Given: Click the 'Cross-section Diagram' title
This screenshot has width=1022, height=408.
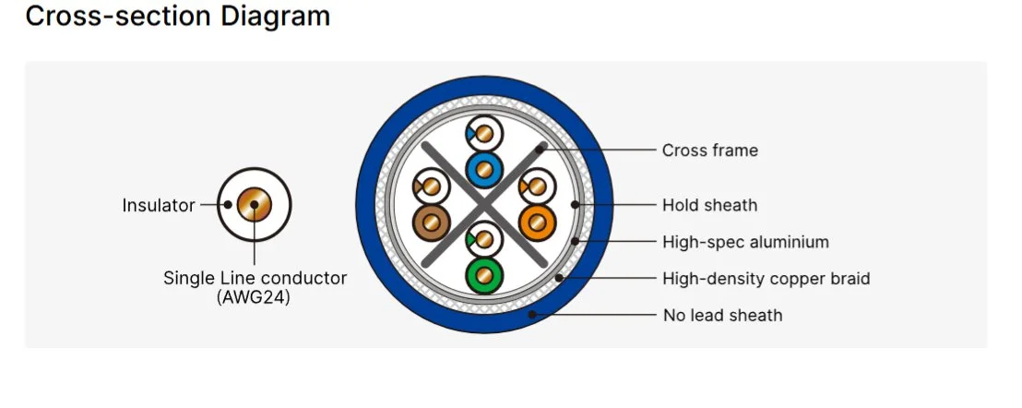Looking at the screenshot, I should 177,17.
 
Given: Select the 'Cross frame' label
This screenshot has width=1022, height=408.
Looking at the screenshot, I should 709,150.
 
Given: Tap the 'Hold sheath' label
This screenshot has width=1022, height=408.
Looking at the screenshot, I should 709,205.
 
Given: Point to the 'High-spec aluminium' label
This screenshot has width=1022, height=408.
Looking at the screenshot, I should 745,242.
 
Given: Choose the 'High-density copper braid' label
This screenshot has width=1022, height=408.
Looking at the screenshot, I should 766,278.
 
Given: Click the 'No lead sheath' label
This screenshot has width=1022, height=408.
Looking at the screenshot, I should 722,315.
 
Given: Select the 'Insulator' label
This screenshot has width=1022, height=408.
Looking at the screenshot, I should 159,205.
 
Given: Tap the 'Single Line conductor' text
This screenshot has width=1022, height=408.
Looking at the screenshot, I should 255,277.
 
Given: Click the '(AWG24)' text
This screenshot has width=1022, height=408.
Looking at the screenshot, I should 254,297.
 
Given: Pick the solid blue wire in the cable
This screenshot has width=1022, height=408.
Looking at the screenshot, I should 484,169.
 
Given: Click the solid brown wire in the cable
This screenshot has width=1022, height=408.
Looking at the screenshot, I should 431,223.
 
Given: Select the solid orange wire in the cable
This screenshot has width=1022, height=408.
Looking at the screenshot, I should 539,223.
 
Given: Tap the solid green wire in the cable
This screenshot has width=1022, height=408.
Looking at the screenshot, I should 484,275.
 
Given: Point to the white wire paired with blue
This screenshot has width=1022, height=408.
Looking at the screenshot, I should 484,135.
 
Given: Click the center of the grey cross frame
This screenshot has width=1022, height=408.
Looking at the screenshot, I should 484,205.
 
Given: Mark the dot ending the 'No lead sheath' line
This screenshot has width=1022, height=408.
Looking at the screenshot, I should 532,315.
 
